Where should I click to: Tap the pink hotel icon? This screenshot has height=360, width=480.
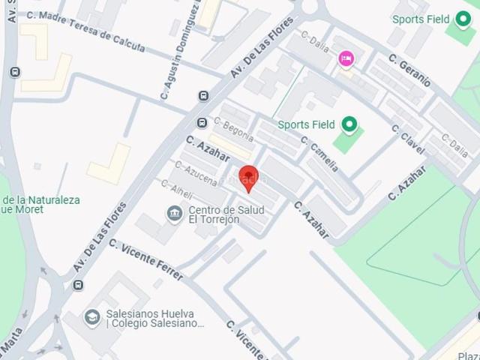pos(346,58)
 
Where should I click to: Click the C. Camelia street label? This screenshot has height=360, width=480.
pos(320,153)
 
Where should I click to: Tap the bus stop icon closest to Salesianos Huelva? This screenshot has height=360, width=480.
pos(79,285)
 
